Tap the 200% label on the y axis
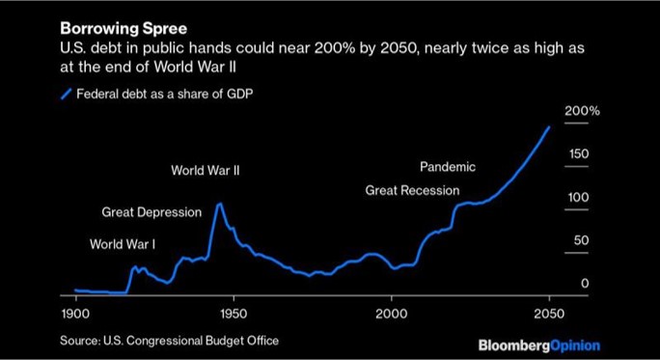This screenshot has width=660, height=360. (x=581, y=111)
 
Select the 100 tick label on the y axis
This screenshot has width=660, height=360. (x=577, y=197)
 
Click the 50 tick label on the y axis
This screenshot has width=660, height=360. (x=580, y=240)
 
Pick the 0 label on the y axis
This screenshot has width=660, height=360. (x=584, y=283)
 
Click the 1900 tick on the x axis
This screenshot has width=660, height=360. (x=75, y=316)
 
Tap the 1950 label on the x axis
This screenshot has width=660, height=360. (x=233, y=316)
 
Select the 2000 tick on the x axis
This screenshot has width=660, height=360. (x=391, y=316)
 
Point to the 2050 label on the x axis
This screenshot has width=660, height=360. (x=548, y=316)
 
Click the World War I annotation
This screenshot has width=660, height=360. (x=129, y=244)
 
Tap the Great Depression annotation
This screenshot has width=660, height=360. (x=151, y=212)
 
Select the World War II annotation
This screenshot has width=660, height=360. (x=205, y=171)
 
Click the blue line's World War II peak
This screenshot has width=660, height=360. (x=220, y=204)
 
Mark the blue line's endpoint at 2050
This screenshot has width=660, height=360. (x=549, y=126)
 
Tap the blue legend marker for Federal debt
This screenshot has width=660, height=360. (x=66, y=94)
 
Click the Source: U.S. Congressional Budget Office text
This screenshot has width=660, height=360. (x=169, y=341)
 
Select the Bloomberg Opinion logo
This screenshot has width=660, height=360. (x=538, y=345)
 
